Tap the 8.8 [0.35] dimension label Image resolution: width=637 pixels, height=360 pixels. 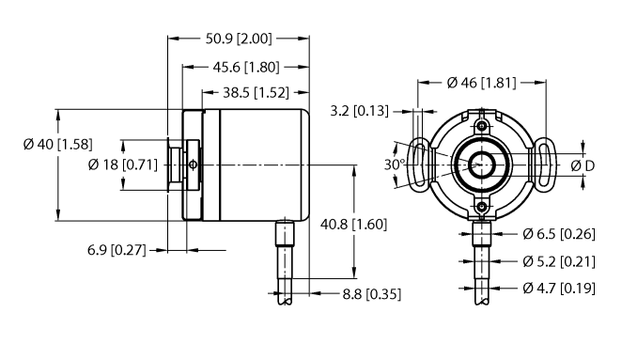click(x=369, y=293)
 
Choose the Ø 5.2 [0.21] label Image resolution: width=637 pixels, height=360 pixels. click(x=559, y=260)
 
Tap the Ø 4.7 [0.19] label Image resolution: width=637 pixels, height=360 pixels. click(x=559, y=288)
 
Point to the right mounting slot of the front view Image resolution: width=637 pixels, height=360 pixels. click(x=544, y=165)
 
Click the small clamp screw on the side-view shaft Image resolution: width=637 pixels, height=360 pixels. click(x=193, y=165)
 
